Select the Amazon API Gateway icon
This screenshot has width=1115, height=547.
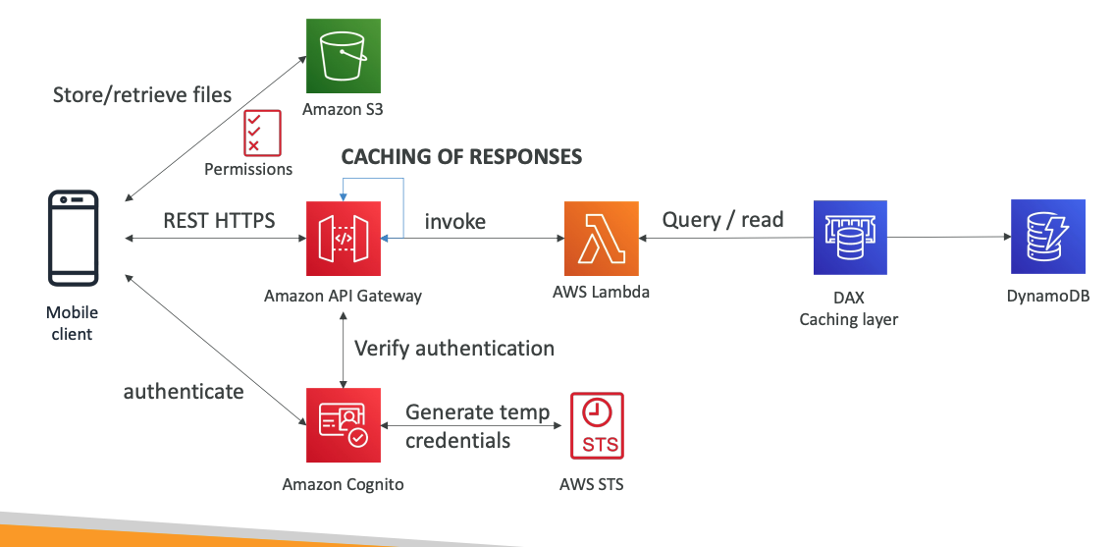[x=343, y=239]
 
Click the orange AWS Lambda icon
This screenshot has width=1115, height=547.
[x=601, y=238]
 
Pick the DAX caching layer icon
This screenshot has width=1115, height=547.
[x=850, y=238]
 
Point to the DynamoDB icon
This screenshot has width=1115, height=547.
[x=1048, y=238]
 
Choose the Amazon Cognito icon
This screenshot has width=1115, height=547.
[x=343, y=425]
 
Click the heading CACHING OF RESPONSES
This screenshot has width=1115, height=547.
[x=461, y=157]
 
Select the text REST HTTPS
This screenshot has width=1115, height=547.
[x=218, y=221]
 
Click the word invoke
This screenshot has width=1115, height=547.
[x=454, y=222]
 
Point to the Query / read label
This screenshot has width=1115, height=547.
[x=722, y=220]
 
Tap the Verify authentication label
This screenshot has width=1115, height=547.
[x=454, y=349]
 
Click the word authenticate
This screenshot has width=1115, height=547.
[x=184, y=392]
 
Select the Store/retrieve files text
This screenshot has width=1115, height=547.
[x=142, y=94]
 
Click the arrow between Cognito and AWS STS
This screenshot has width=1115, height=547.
[x=471, y=426]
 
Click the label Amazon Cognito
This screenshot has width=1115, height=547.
[x=343, y=484]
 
